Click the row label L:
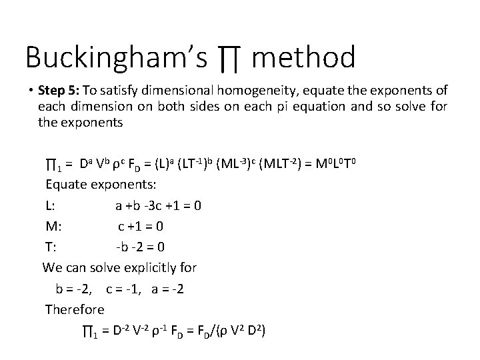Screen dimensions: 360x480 pos(50,205)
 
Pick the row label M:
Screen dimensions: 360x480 pos(53,226)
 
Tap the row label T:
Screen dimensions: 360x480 pos(50,247)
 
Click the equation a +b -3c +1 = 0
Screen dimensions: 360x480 pos(158,205)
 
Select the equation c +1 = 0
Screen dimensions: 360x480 pos(141,226)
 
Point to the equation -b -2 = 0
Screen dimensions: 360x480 pos(140,247)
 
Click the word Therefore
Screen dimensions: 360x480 pos(75,309)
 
